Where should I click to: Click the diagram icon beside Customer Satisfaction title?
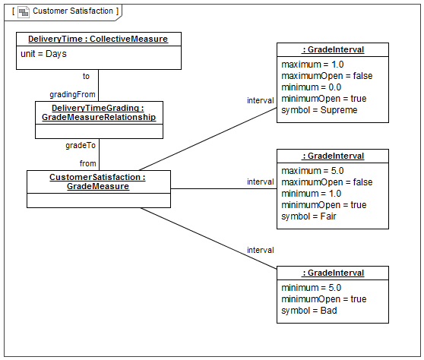click(24, 12)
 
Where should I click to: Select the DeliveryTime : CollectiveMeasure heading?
click(98, 39)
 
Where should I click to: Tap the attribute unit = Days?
click(43, 54)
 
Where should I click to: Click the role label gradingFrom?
click(72, 94)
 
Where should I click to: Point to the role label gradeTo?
click(81, 145)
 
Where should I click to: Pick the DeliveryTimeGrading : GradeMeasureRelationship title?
click(99, 112)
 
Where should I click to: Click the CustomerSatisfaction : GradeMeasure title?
click(97, 182)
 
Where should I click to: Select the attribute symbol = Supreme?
click(319, 110)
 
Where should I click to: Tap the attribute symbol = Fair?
click(309, 216)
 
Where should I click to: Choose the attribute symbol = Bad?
click(309, 311)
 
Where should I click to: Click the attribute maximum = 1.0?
click(312, 65)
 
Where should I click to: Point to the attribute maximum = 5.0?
click(312, 171)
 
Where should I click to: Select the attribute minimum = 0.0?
click(312, 87)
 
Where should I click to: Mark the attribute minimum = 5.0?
click(312, 288)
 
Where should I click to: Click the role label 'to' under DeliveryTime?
click(86, 76)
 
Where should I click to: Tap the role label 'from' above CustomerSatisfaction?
click(87, 163)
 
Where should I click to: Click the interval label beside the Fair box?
click(261, 182)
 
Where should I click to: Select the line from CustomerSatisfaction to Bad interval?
click(208, 238)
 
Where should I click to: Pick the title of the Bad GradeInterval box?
click(333, 273)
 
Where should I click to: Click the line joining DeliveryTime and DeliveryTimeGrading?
click(99, 85)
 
